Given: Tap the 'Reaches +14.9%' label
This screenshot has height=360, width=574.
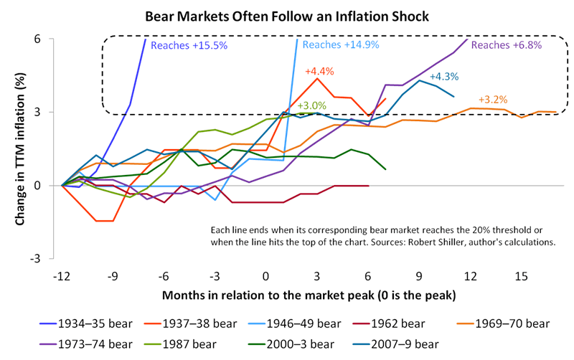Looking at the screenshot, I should (335, 44).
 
